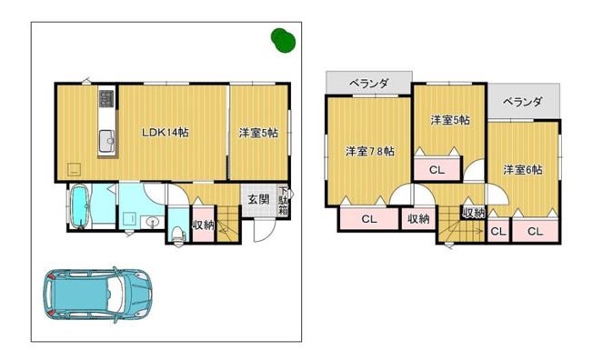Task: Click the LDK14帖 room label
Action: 165,133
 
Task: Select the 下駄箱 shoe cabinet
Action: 284,201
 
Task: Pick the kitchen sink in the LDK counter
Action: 106,139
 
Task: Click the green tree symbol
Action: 283,38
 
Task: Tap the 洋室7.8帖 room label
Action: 369,151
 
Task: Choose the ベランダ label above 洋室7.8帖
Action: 369,84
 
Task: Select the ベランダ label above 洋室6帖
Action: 522,102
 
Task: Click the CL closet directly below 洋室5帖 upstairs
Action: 437,169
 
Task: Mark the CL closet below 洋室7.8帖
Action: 369,218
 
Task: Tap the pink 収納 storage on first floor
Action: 203,225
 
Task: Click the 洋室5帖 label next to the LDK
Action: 258,133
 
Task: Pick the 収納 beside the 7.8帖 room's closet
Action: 418,218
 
